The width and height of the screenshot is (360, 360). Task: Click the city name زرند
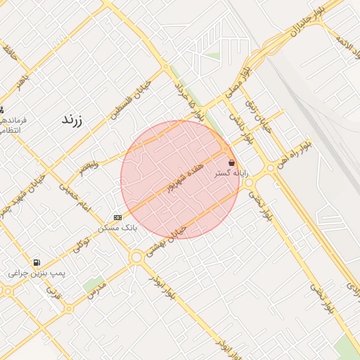(x=72, y=120)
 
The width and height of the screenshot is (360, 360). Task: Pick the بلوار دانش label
(x=233, y=123)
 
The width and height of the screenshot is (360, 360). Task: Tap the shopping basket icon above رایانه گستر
(x=231, y=162)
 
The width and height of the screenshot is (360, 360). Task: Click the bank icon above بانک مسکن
(x=117, y=217)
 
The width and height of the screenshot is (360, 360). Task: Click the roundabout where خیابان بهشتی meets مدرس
(x=136, y=258)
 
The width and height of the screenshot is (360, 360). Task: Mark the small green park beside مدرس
(x=91, y=285)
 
